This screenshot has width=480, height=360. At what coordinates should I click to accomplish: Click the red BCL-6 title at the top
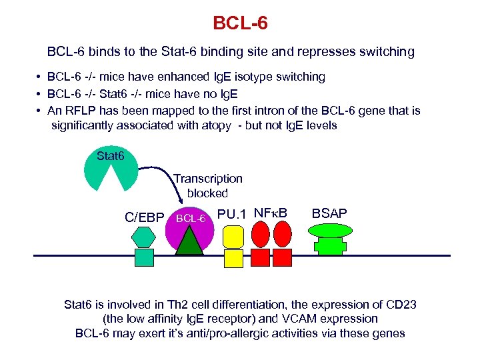tap(240, 23)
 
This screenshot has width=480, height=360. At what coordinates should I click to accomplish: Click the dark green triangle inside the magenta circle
tap(189, 240)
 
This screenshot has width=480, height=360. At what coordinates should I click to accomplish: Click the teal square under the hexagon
tap(144, 257)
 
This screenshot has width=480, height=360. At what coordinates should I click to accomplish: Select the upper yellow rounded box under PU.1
tap(233, 235)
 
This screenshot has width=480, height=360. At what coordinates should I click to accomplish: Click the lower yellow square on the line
tap(233, 258)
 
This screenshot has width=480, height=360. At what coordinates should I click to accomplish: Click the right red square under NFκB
tap(283, 257)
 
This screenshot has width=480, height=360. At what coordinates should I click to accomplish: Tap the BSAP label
tap(330, 213)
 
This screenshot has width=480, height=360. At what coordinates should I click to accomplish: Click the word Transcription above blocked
tap(208, 179)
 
